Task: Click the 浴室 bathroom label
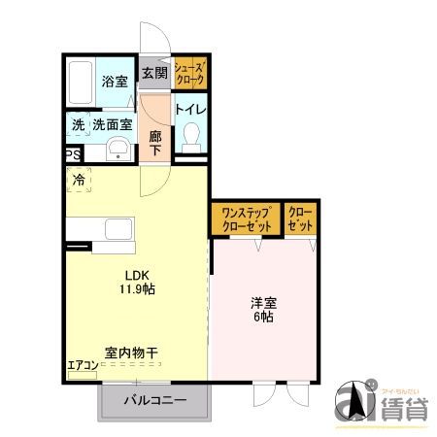click(x=116, y=82)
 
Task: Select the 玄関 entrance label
click(x=153, y=73)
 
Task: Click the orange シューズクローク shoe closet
click(x=190, y=72)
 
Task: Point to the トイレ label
click(x=190, y=108)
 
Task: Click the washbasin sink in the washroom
click(x=118, y=149)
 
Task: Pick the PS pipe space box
click(x=73, y=154)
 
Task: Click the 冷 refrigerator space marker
click(x=79, y=180)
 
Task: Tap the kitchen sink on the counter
click(x=117, y=231)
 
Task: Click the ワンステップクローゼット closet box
click(x=246, y=218)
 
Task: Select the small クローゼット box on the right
click(x=300, y=218)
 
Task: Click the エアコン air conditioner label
click(x=83, y=366)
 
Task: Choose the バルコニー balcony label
click(x=154, y=401)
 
